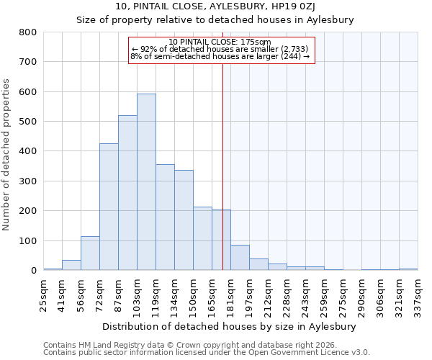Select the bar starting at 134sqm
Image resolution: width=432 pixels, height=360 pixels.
click(x=184, y=220)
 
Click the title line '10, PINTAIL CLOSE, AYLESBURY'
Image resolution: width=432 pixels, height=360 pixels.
click(x=215, y=6)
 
